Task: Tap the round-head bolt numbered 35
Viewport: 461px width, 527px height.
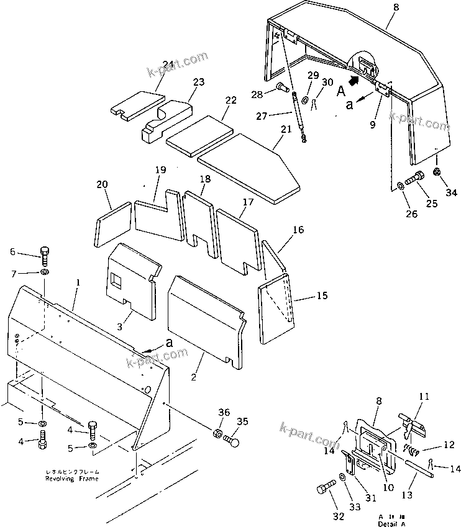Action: coord(232,441)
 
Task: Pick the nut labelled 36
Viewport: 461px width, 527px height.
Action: coord(217,433)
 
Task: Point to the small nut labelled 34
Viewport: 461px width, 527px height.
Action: coord(437,171)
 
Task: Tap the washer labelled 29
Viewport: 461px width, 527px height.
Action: coord(306,100)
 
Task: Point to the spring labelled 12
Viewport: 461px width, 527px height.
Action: coord(412,449)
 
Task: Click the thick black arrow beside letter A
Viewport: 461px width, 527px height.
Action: coord(354,80)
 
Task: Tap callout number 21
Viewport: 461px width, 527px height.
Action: coord(286,129)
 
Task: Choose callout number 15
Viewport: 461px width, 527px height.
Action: coord(321,295)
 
